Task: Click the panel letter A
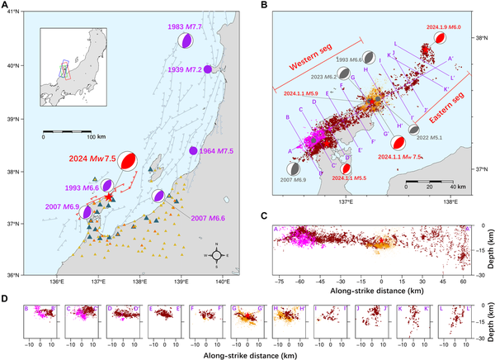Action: point(6,6)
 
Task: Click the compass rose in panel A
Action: point(216,255)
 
